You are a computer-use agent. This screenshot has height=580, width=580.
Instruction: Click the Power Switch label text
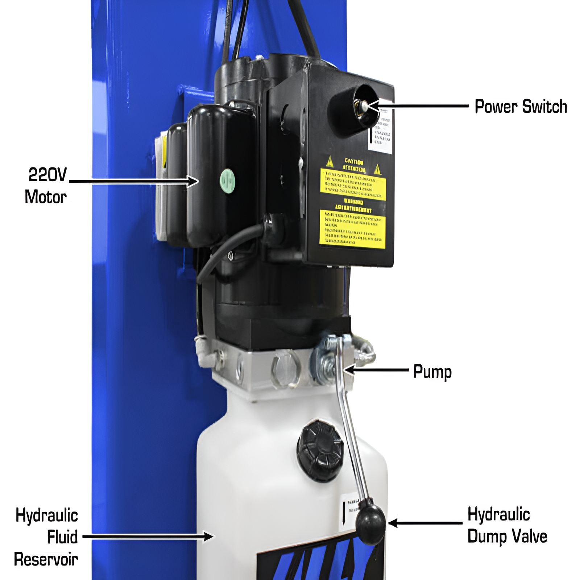pos(521,107)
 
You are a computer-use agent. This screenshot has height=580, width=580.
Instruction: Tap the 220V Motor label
pos(46,186)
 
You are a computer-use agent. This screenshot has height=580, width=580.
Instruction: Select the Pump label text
pos(432,372)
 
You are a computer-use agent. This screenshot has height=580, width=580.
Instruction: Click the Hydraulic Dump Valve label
pos(507,525)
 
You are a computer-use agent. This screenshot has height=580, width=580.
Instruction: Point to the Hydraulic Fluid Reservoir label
pos(46,537)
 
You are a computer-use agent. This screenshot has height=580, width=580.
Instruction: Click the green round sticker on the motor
pos(228,180)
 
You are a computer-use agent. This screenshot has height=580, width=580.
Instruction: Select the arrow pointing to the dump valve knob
pos(424,523)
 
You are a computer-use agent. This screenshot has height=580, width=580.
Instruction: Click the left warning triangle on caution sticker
pos(329,162)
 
